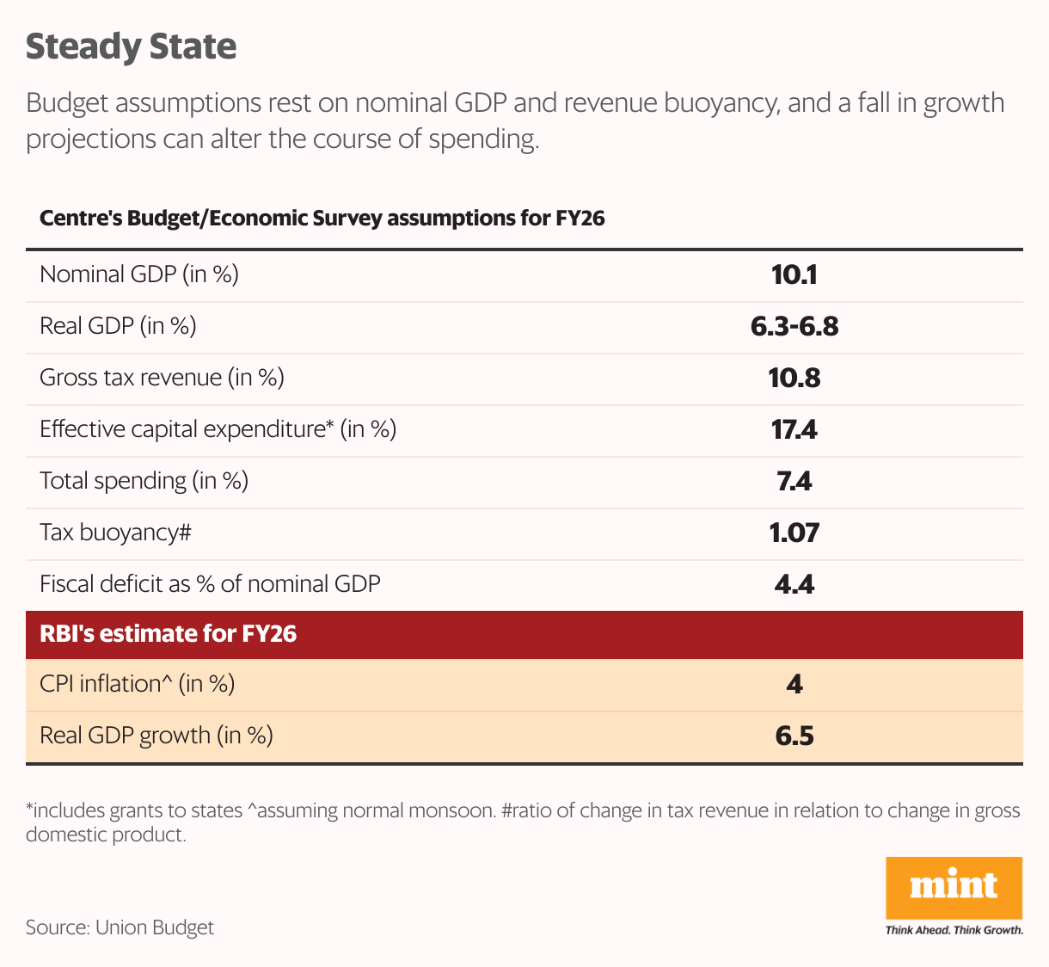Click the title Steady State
[x=131, y=46]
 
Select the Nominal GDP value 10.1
[x=794, y=274]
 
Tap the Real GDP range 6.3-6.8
[x=794, y=326]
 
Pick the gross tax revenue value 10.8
[x=794, y=378]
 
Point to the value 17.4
[x=794, y=429]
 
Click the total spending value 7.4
[x=794, y=481]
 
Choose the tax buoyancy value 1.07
[x=794, y=533]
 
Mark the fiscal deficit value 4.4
[x=794, y=584]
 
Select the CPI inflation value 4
[x=794, y=684]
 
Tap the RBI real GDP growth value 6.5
[x=794, y=736]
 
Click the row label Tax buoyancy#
[x=115, y=533]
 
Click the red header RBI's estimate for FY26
[x=169, y=634]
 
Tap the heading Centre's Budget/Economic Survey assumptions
[x=322, y=219]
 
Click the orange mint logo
[x=954, y=887]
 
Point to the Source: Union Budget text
[x=120, y=927]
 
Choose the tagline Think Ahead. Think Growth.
[x=954, y=930]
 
